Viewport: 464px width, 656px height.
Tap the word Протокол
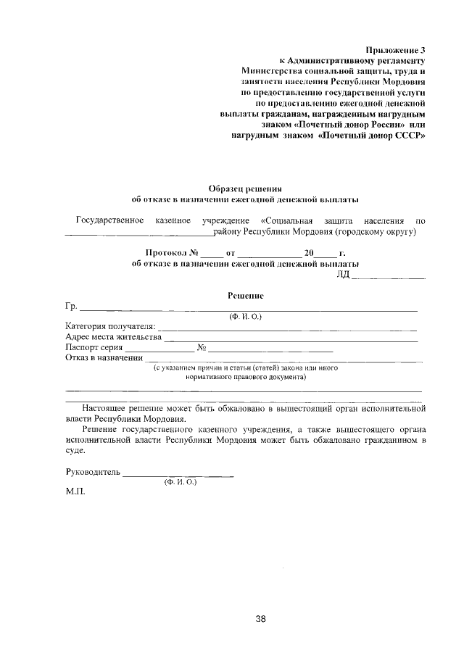click(166, 254)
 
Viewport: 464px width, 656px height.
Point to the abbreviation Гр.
click(71, 307)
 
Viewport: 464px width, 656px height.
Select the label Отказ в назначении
click(103, 358)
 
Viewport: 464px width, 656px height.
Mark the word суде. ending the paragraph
click(75, 450)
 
